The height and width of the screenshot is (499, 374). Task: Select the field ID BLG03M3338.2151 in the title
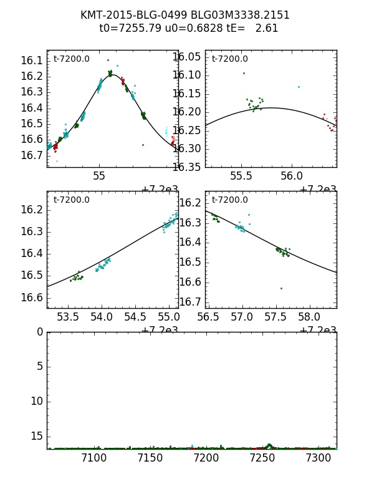242,15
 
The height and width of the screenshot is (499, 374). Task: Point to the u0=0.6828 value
185,29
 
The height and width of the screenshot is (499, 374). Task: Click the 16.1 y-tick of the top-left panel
32,61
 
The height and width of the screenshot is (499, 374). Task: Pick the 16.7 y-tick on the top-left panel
32,155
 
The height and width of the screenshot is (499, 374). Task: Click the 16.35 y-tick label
188,167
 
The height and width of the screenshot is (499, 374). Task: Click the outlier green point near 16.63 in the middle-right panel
281,288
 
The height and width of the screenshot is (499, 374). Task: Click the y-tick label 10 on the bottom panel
37,400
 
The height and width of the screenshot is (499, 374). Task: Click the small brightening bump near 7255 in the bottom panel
269,445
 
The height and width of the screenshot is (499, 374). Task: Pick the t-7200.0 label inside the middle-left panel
72,200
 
